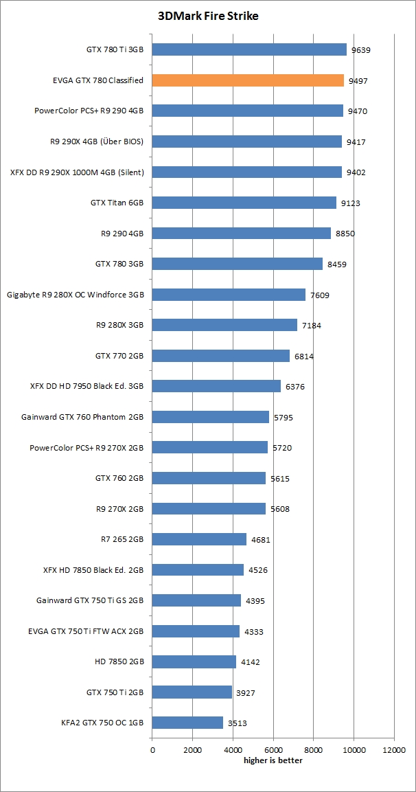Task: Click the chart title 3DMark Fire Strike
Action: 208,16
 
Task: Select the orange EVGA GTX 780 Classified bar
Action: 248,80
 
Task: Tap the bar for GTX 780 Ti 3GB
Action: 249,49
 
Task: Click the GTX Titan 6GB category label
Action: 117,203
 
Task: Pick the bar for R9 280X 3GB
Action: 224,325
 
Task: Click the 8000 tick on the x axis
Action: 314,751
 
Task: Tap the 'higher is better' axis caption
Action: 273,760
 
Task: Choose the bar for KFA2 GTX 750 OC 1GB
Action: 187,723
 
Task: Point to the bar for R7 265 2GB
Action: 199,539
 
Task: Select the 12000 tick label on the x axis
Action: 394,751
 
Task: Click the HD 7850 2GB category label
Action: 119,661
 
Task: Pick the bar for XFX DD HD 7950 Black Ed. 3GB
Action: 216,386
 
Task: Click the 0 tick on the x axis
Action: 152,751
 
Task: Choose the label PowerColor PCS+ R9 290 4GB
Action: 89,111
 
